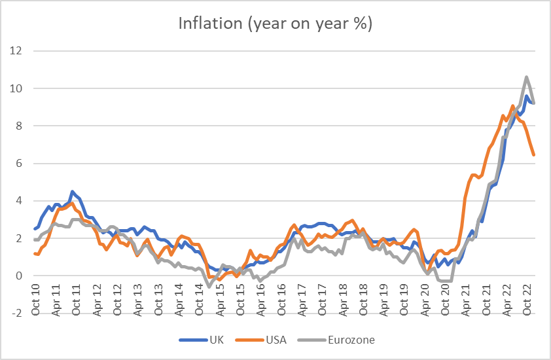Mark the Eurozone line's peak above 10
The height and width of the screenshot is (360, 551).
[x=527, y=77]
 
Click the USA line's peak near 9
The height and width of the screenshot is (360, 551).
[x=512, y=105]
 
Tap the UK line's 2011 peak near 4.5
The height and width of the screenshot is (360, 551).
[x=72, y=192]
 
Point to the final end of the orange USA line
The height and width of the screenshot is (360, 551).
[x=534, y=155]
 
